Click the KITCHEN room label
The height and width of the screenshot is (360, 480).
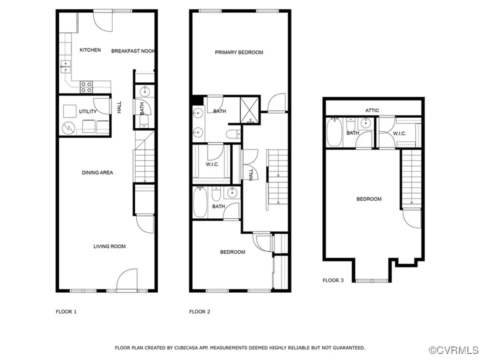(x=90, y=50)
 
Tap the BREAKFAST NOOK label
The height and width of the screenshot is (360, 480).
(x=133, y=51)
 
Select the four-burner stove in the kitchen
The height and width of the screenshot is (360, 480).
(x=86, y=87)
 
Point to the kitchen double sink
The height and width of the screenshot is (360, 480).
(x=65, y=66)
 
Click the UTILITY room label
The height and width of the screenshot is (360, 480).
(x=88, y=111)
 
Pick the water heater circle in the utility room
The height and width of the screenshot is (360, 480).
(x=68, y=128)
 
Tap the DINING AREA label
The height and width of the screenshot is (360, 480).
(x=97, y=172)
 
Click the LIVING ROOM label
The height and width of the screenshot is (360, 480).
(x=109, y=246)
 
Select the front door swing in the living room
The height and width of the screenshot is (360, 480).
(x=126, y=279)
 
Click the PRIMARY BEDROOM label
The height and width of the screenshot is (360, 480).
(x=239, y=52)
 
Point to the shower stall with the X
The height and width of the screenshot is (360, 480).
(x=250, y=110)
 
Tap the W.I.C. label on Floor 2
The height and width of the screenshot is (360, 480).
(x=212, y=164)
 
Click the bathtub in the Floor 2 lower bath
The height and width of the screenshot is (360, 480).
(x=200, y=202)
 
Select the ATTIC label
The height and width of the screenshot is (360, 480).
(x=372, y=110)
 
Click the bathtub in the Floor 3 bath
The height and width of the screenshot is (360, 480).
(x=334, y=132)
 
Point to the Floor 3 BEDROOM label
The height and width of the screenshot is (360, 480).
(x=369, y=199)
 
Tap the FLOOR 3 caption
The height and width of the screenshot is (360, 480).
(x=333, y=280)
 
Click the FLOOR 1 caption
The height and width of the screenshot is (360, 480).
(x=66, y=311)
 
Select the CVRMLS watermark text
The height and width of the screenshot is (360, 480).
(x=454, y=350)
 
